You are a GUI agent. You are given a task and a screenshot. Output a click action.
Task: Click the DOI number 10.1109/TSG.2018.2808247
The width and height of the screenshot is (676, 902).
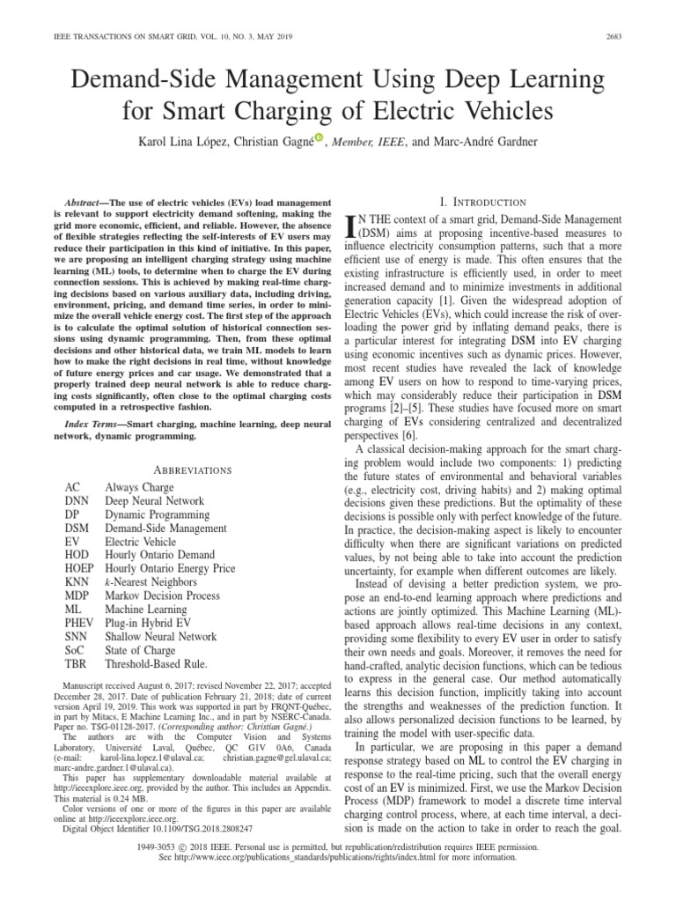pos(195,829)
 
